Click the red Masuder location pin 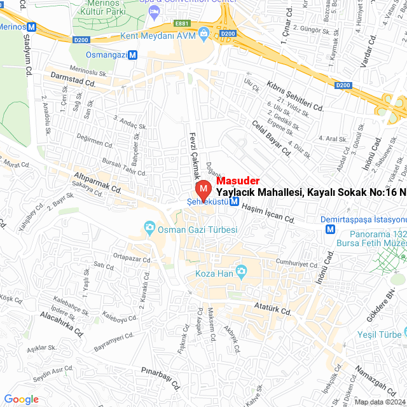[x=203, y=190]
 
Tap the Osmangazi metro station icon [x=132, y=55]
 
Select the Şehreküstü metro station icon [x=235, y=202]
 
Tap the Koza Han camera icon [x=241, y=273]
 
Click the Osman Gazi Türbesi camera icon [x=149, y=226]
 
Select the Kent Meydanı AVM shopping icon [x=203, y=32]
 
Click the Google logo [x=21, y=399]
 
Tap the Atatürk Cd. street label [x=272, y=310]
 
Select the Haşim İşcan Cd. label [x=269, y=214]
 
